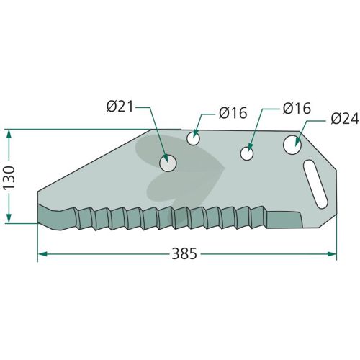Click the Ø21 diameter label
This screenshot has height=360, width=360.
(120, 107)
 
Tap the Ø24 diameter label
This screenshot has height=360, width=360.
(345, 119)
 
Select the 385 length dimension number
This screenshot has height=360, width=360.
(184, 253)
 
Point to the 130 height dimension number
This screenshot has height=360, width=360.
(9, 177)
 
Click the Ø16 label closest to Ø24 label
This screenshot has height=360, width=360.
(297, 108)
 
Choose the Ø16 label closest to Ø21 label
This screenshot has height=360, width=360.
(233, 113)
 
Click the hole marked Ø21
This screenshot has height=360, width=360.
(168, 163)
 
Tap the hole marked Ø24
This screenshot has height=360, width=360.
(292, 145)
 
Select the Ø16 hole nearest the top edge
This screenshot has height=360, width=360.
(193, 138)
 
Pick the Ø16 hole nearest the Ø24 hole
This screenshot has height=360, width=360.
(247, 153)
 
